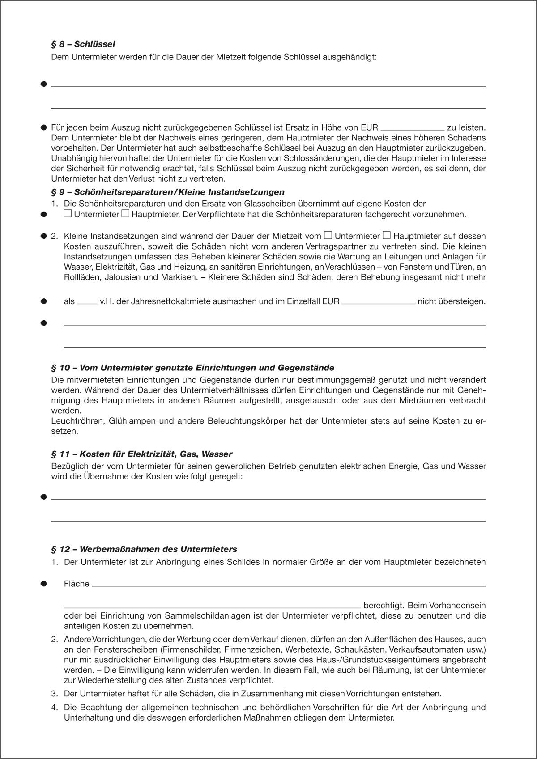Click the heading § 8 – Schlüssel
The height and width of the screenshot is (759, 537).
tap(84, 44)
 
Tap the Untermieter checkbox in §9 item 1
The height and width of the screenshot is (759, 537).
tap(68, 214)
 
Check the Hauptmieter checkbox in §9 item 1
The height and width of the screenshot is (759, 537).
tap(126, 214)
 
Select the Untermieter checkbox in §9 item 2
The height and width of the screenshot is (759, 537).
tap(328, 235)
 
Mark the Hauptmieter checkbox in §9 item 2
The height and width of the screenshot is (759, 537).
tap(387, 235)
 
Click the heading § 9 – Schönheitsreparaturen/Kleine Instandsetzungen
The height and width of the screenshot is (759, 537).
tap(168, 192)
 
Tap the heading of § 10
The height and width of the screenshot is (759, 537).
tap(193, 368)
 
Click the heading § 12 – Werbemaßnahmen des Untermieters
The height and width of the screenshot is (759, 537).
tap(145, 549)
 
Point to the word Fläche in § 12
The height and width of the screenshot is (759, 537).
tap(77, 584)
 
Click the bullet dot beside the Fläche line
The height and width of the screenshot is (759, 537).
tap(44, 584)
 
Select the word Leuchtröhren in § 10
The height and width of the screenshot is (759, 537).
tap(73, 421)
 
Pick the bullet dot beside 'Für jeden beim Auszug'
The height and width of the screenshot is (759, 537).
tap(44, 127)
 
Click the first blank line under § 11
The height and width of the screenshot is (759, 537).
tap(268, 499)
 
